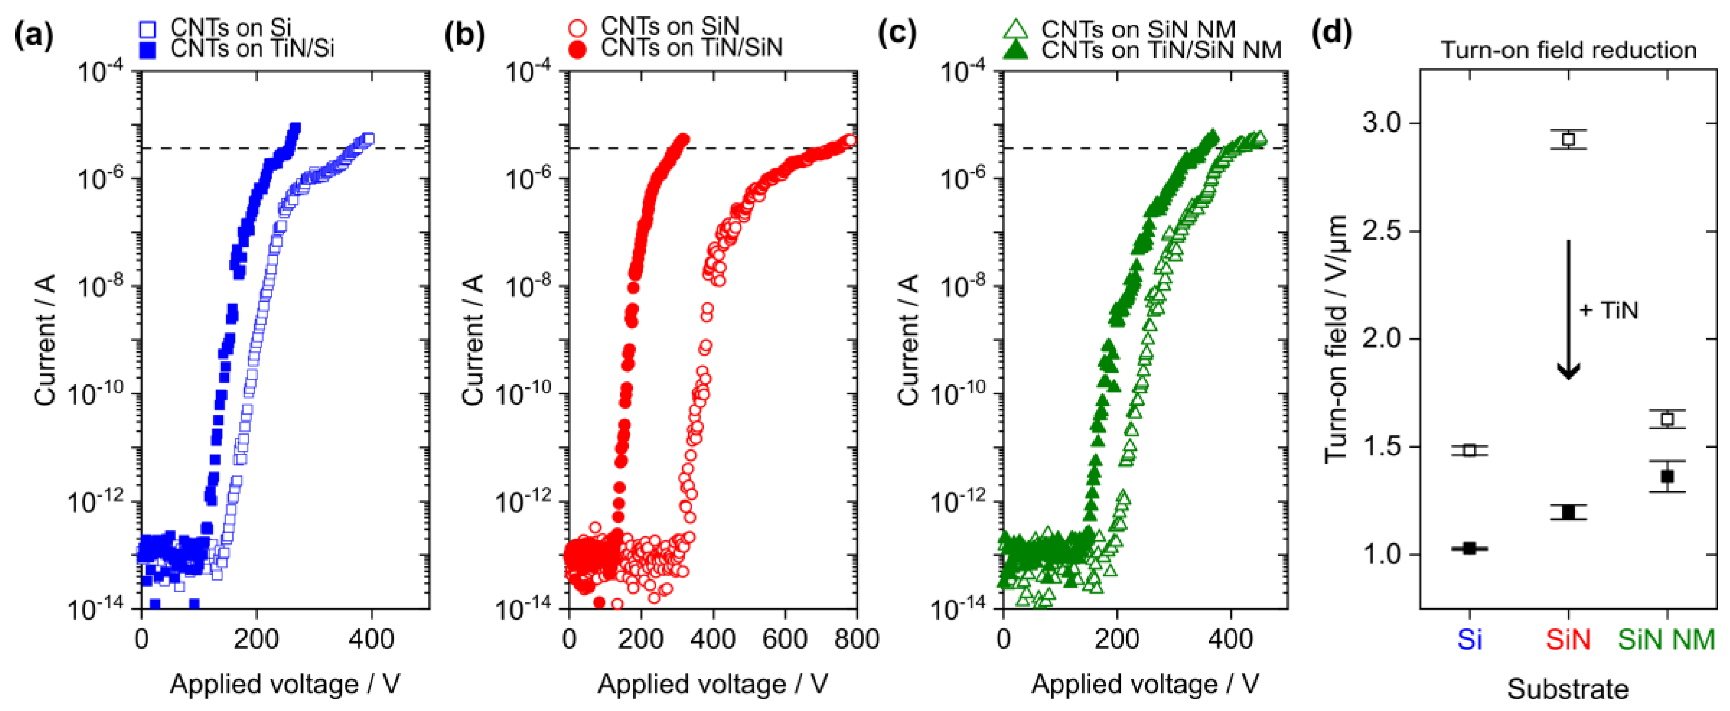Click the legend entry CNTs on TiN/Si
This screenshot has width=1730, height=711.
252,49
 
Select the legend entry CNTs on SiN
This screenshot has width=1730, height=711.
669,26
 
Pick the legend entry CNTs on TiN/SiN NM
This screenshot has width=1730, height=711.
1161,49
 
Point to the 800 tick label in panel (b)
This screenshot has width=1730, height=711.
855,638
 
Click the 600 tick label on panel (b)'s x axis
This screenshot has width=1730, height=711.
784,638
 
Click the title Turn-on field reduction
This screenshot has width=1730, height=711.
1568,50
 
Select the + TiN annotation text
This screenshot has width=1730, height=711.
1609,310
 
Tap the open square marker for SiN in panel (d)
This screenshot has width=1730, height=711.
1568,139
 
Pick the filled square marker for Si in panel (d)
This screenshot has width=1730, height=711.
1470,549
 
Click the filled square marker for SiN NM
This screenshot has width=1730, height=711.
1667,477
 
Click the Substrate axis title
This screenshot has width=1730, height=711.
1568,689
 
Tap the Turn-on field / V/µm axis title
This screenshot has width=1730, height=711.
1336,339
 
